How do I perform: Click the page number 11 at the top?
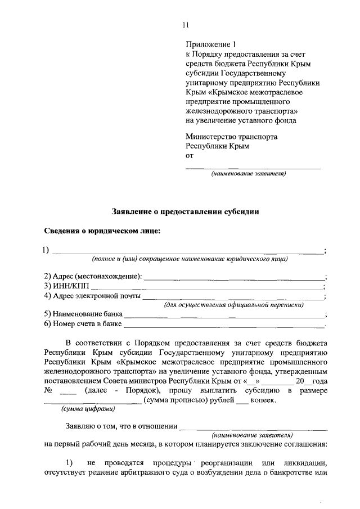coord(186,25)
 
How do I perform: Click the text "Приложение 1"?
coord(209,44)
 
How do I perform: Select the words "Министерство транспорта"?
coord(231,136)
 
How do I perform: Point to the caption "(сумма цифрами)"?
coord(80,410)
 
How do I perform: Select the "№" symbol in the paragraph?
coord(48,390)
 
